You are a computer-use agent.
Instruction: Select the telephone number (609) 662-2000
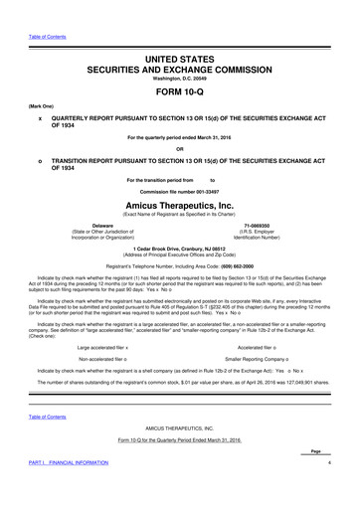pyautogui.click(x=179, y=269)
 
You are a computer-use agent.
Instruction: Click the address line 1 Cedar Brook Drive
pyautogui.click(x=179, y=249)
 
